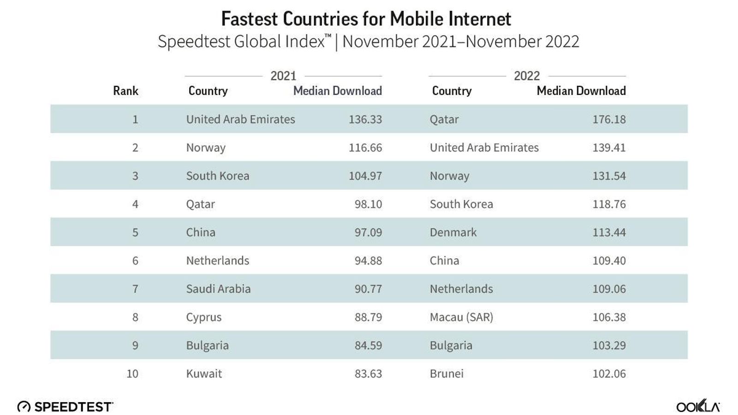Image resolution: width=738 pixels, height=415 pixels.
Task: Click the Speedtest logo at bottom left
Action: [65, 407]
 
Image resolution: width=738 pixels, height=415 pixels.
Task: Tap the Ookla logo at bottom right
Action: [697, 406]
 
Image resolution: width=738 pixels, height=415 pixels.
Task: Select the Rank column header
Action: [125, 91]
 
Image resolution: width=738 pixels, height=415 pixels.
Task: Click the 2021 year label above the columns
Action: [283, 76]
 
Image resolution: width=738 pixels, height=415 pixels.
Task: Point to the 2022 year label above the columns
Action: [526, 76]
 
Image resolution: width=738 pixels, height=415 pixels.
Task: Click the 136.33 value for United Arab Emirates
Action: [365, 119]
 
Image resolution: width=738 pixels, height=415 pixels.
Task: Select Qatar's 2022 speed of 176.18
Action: [609, 119]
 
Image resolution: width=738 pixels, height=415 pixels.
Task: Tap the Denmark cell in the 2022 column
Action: [453, 232]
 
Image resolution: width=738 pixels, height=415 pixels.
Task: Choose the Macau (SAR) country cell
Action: [461, 317]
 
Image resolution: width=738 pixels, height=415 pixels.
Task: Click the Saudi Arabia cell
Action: [218, 289]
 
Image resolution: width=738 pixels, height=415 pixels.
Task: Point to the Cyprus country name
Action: [203, 317]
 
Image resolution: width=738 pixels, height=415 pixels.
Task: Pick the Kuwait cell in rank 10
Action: [204, 373]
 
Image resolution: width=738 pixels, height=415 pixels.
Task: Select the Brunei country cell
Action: [446, 373]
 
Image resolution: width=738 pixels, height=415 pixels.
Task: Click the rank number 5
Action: [135, 232]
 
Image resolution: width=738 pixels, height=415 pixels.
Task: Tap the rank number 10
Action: [132, 373]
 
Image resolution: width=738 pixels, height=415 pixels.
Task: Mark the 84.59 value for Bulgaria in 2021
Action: [368, 345]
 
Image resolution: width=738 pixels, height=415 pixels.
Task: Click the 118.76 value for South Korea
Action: [609, 204]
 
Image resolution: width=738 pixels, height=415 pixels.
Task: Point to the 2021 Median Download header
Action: [337, 91]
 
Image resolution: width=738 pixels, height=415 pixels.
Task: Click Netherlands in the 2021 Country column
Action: [217, 261]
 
